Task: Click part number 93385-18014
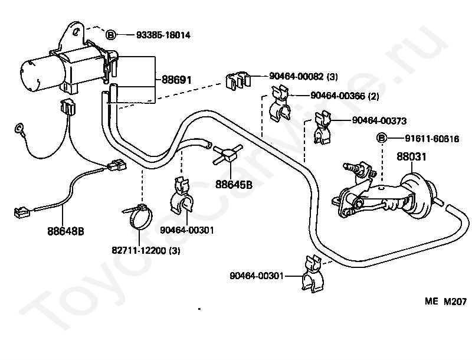point(163,35)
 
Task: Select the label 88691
point(176,80)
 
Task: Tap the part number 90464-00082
point(296,76)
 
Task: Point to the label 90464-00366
point(337,96)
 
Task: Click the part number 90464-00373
point(379,121)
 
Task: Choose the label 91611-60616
point(432,139)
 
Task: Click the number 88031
point(411,157)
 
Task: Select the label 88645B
point(234,185)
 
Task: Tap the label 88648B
point(65,231)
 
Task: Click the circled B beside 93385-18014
point(111,35)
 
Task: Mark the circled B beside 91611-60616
point(382,139)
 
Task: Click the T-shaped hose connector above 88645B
point(228,155)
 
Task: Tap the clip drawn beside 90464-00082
point(237,80)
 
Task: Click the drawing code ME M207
point(445,302)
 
